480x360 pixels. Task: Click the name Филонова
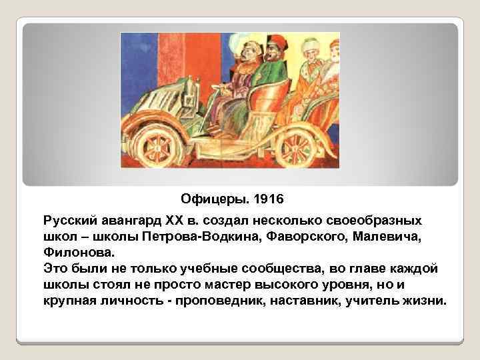(x=79, y=253)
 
